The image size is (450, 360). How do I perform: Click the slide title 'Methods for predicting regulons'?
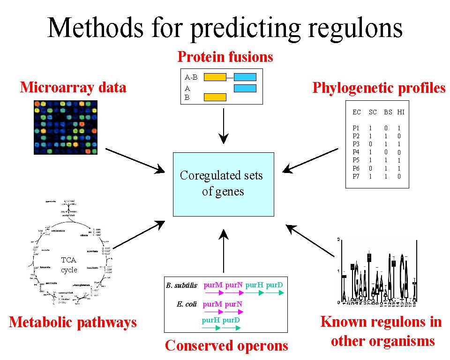pyautogui.click(x=225, y=27)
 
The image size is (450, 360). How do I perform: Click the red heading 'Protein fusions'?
pyautogui.click(x=225, y=57)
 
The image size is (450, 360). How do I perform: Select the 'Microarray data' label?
pyautogui.click(x=73, y=87)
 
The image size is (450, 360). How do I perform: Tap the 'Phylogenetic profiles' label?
pyautogui.click(x=379, y=88)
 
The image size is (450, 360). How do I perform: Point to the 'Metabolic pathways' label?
pyautogui.click(x=73, y=322)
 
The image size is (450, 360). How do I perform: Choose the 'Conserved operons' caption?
pyautogui.click(x=226, y=346)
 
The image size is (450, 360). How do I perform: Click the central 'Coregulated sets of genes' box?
pyautogui.click(x=223, y=184)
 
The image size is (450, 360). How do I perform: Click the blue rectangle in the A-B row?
pyautogui.click(x=245, y=77)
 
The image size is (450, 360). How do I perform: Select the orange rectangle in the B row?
pyautogui.click(x=215, y=97)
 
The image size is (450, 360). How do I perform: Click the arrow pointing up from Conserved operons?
pyautogui.click(x=224, y=251)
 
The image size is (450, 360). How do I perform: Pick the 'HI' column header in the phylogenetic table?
pyautogui.click(x=400, y=112)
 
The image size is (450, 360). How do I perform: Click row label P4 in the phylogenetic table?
pyautogui.click(x=356, y=152)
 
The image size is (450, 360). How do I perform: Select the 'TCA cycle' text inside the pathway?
pyautogui.click(x=69, y=265)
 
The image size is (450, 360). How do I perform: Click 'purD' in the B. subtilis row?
pyautogui.click(x=275, y=285)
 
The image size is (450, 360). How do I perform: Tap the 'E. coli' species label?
pyautogui.click(x=187, y=304)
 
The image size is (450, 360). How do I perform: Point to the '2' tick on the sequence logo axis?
pyautogui.click(x=338, y=240)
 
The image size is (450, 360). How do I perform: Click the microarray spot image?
pyautogui.click(x=66, y=126)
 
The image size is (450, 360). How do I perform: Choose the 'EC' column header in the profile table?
pyautogui.click(x=357, y=112)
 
